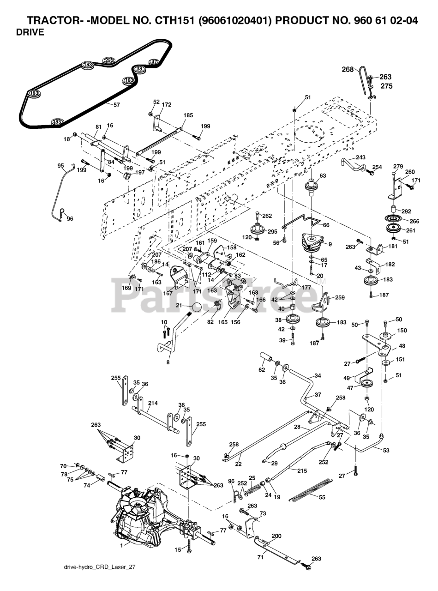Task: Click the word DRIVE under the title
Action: [30, 32]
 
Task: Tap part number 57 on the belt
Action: [117, 105]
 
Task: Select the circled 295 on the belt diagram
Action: [109, 60]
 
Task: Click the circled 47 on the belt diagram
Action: [154, 62]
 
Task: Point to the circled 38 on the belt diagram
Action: [139, 69]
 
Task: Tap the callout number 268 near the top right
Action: [348, 70]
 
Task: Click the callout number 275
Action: [387, 86]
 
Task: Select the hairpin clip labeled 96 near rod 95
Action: [62, 212]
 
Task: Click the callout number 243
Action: [360, 157]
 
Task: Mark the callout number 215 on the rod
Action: [302, 471]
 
